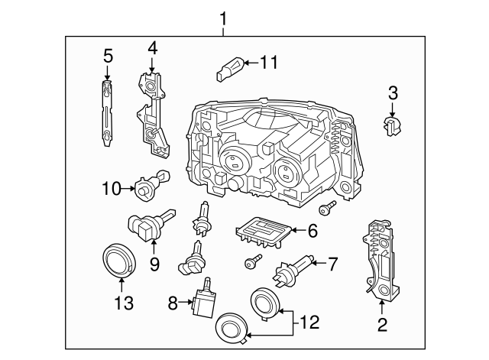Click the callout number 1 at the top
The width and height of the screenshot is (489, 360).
pos(223,17)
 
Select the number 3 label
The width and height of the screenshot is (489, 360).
pos(393,94)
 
